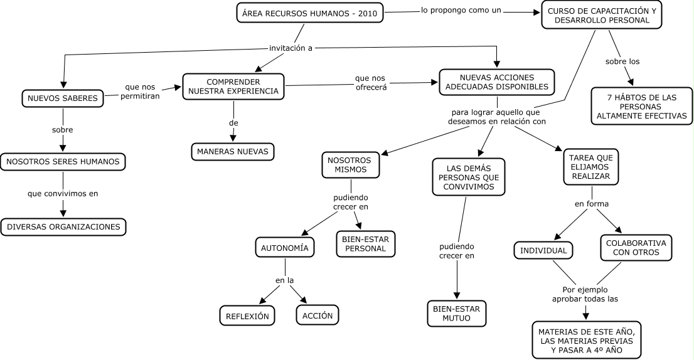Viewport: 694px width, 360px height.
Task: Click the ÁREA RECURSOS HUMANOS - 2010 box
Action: click(310, 13)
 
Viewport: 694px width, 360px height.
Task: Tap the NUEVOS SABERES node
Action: click(62, 98)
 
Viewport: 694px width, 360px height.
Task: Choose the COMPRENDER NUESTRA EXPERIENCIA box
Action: click(233, 87)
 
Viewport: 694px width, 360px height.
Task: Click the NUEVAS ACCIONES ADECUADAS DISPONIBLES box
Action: click(496, 82)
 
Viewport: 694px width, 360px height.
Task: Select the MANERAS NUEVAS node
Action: click(233, 152)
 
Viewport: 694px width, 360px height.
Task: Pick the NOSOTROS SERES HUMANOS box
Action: click(63, 162)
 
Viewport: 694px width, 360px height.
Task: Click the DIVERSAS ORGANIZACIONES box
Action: click(63, 227)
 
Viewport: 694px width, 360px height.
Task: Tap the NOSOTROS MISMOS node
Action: click(350, 165)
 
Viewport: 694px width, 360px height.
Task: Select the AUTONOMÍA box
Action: click(284, 248)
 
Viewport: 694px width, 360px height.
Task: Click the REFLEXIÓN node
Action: click(247, 315)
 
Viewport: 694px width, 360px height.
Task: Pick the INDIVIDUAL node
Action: click(543, 250)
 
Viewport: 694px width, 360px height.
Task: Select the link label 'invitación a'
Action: click(291, 48)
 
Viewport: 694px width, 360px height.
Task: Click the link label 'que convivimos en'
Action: click(63, 193)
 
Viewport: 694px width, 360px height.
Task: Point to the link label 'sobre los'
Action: click(622, 61)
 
